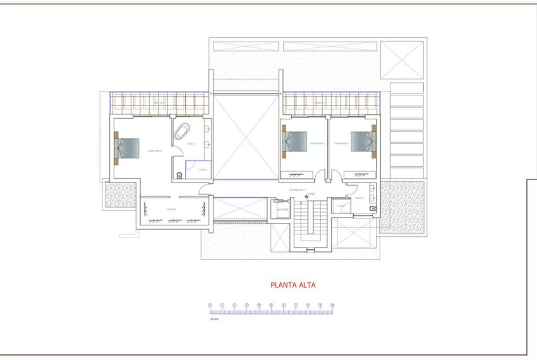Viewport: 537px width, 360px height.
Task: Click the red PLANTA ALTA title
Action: (293, 285)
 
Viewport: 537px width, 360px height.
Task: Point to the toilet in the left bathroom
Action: (181, 175)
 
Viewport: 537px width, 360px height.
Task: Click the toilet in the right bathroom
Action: (373, 207)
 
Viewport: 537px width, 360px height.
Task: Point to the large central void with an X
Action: (246, 137)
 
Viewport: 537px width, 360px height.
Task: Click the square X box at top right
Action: (402, 60)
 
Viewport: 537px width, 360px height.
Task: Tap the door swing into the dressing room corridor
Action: (204, 188)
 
